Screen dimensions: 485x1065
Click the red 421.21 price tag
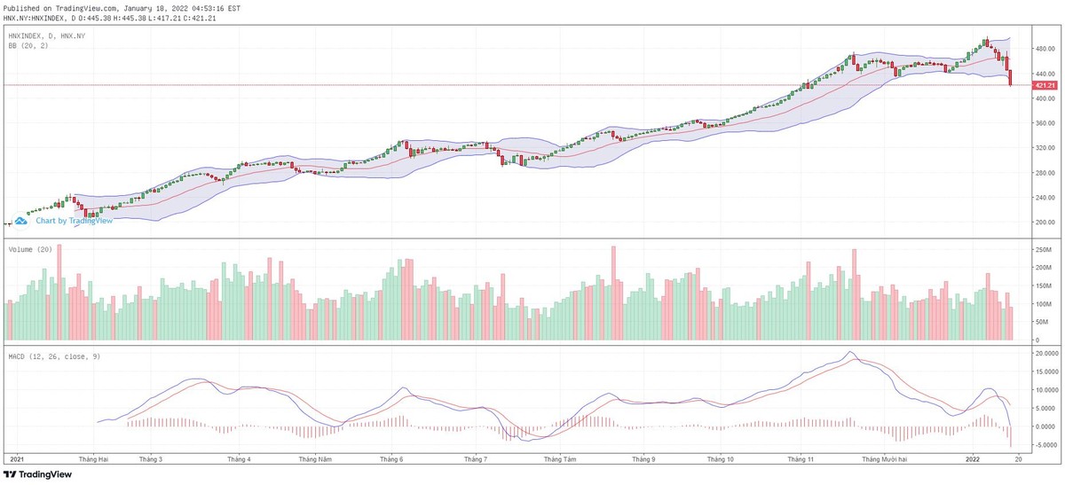click(x=1045, y=85)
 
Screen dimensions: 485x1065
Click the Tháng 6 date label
click(x=391, y=459)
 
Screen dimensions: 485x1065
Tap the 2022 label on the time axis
click(x=974, y=459)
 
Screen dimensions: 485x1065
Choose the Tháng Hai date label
click(x=93, y=459)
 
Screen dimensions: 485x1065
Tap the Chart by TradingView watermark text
click(x=74, y=221)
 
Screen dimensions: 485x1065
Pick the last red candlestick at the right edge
click(x=1011, y=78)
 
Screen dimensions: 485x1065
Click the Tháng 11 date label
click(x=801, y=459)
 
